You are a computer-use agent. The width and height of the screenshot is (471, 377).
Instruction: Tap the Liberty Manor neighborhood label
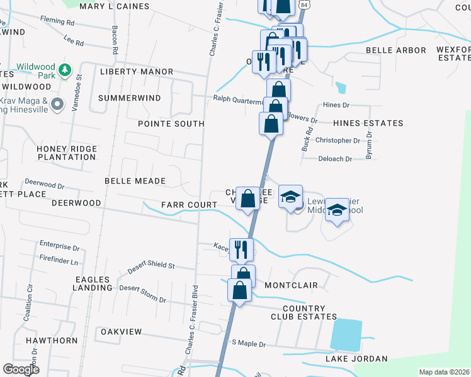point(136,72)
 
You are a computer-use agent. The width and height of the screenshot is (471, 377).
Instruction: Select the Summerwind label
point(129,99)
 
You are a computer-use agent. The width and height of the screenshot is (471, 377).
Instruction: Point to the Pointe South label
point(171,124)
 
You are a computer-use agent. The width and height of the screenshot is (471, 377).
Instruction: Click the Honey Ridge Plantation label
point(67,153)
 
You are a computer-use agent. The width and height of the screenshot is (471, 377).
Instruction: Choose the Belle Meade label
point(135,181)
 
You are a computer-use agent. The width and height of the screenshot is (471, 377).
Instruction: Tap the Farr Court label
point(189,205)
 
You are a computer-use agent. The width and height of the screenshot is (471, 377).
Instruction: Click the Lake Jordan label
point(356,359)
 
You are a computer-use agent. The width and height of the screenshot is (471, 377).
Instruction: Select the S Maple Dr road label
point(249,344)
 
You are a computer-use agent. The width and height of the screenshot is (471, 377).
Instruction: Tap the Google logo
point(21,369)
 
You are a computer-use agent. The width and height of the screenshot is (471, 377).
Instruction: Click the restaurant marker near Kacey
point(241,249)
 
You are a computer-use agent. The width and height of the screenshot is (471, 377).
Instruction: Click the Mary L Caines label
point(115,6)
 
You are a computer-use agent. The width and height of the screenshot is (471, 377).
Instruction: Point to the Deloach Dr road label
point(335,159)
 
